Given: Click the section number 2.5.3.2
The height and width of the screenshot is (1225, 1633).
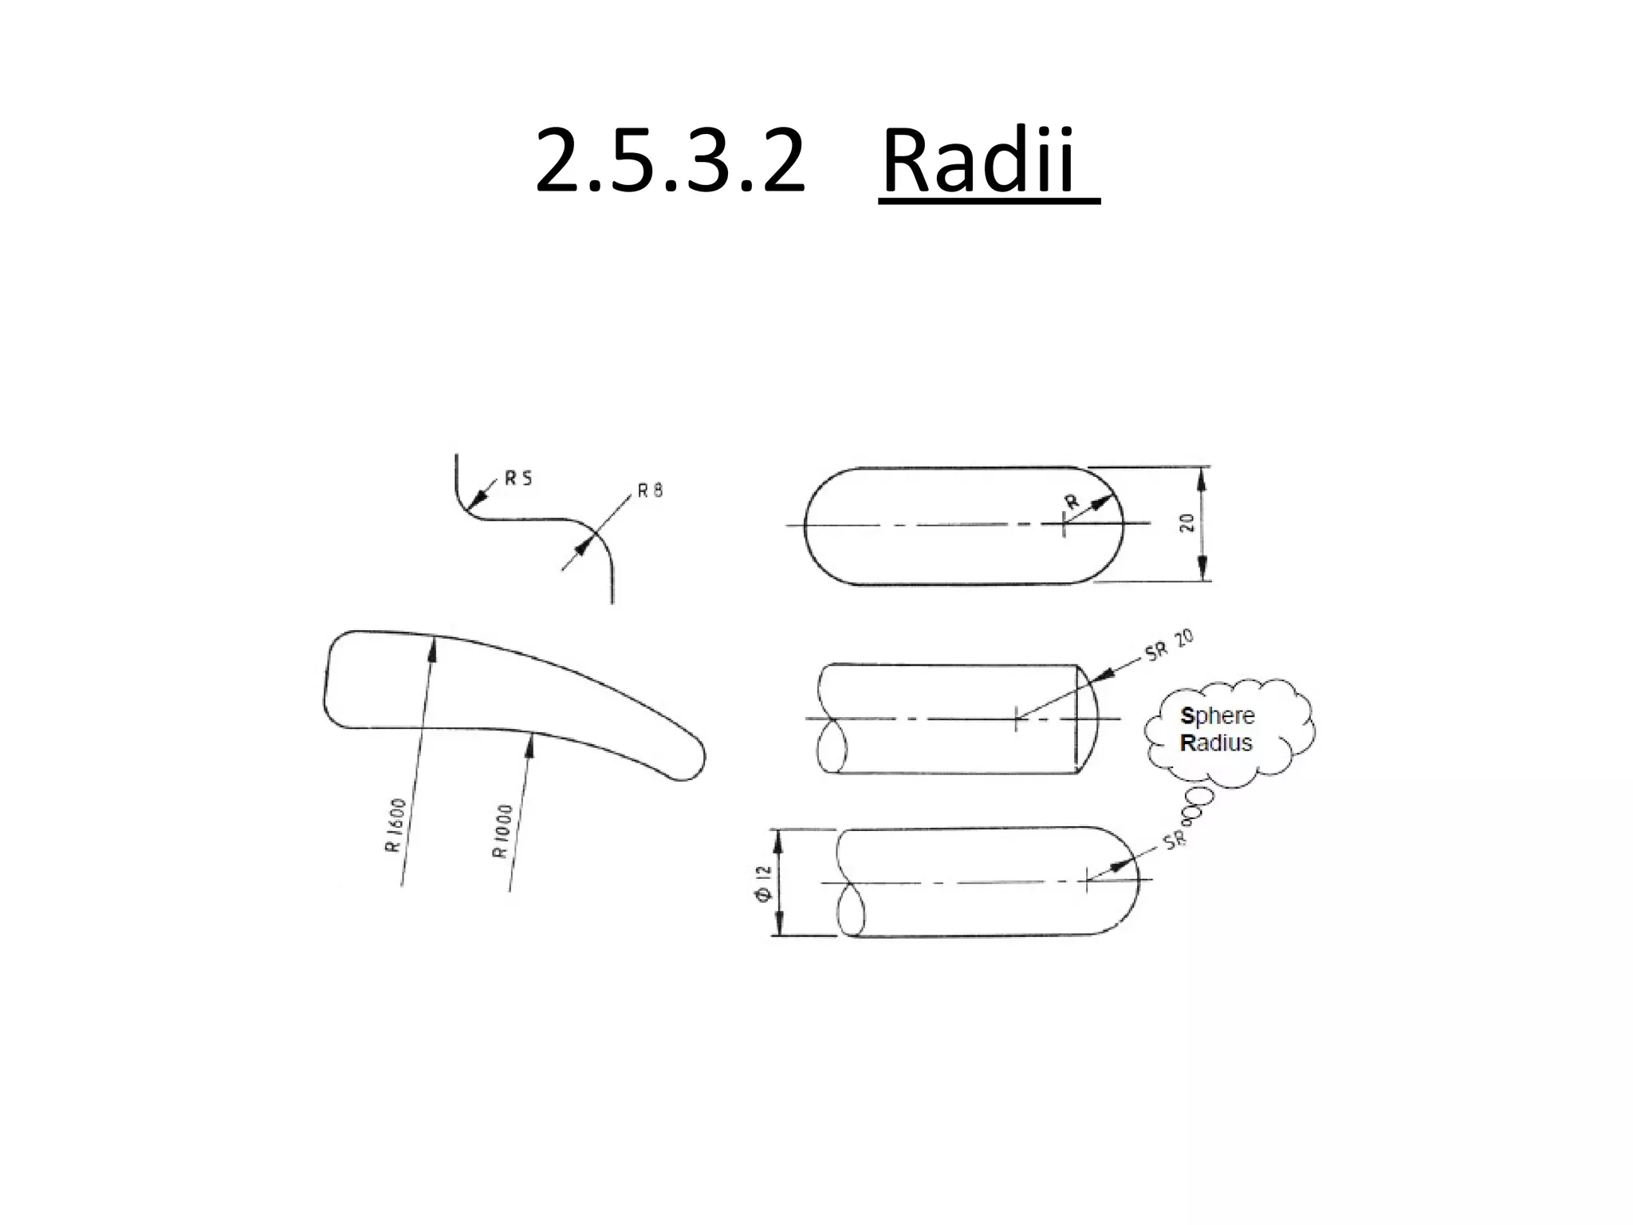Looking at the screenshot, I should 670,163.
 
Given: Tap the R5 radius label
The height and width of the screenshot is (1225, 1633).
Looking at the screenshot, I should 518,479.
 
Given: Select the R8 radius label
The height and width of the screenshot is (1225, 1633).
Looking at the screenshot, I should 650,490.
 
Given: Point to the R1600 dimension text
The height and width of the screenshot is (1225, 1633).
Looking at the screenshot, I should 396,825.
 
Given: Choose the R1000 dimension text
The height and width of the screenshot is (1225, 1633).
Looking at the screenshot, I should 502,831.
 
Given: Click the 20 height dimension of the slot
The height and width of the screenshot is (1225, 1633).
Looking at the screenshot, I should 1187,523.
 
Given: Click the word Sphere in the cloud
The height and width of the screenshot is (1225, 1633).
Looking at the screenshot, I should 1217,715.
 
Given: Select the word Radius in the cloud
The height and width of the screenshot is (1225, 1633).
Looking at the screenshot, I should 1216,743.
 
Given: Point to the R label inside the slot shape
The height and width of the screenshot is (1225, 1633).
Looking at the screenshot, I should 1072,502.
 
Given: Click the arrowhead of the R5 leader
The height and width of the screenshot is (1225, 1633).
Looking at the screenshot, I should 477,500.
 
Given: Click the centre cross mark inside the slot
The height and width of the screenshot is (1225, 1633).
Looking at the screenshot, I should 1064,524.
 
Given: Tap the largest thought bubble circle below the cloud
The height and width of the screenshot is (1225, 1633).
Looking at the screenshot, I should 1198,797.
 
